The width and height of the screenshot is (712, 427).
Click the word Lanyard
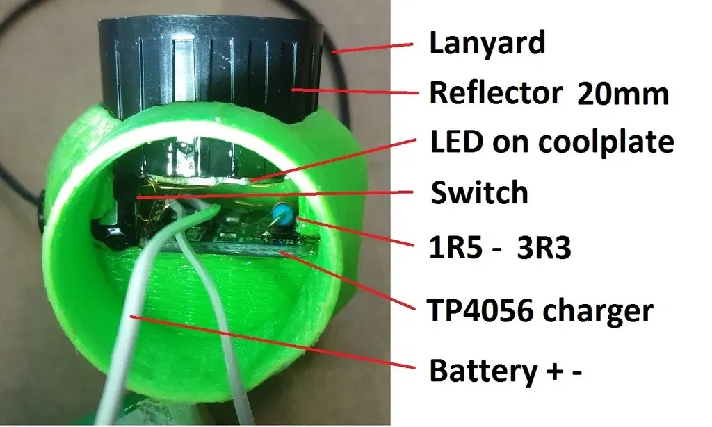tap(487, 44)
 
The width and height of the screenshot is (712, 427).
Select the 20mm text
tap(622, 92)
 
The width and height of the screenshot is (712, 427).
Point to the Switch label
tap(479, 192)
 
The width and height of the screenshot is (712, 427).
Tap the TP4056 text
tap(476, 310)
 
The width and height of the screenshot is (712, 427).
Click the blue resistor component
tap(282, 212)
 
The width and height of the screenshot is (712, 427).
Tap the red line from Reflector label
tap(355, 92)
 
